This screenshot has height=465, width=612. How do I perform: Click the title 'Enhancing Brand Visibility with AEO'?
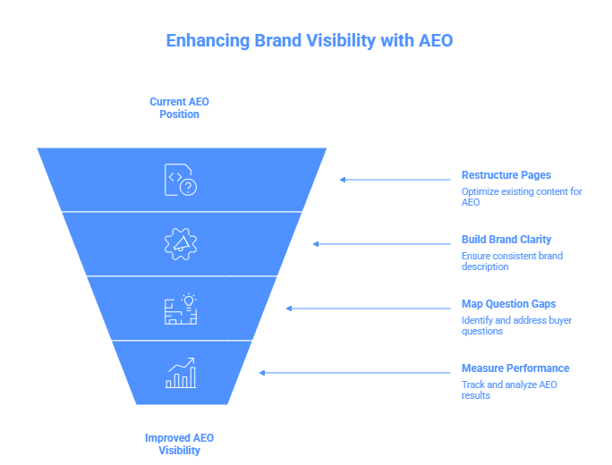point(310,41)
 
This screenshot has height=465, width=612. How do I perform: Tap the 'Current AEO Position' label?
point(179,108)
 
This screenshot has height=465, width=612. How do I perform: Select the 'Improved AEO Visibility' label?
point(179,444)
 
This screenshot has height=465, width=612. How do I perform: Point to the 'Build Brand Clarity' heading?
point(506,240)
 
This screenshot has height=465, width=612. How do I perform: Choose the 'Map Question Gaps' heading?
point(508,304)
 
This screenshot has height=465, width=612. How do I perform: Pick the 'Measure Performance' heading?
point(514,368)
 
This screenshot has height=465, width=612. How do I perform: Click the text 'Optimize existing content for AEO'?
point(521,197)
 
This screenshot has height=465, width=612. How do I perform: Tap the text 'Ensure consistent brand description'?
point(512,261)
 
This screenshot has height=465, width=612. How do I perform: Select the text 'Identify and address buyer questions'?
point(516,325)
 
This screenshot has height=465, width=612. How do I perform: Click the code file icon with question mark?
point(180,180)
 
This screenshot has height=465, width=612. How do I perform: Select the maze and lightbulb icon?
point(180,309)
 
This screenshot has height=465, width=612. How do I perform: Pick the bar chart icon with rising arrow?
point(180,373)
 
